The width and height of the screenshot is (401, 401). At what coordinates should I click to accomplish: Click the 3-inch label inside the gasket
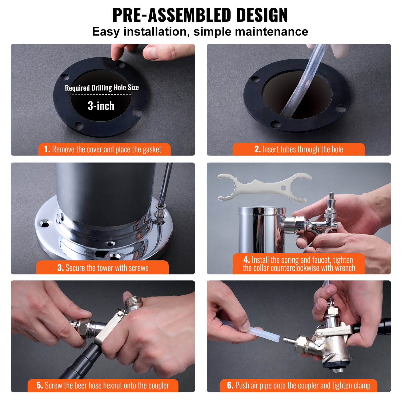point(101,106)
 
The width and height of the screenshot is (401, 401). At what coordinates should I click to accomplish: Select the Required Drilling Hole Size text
point(102,88)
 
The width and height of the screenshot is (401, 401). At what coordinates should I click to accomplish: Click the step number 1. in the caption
point(47,149)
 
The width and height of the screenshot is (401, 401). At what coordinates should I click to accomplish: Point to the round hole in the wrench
point(284,188)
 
